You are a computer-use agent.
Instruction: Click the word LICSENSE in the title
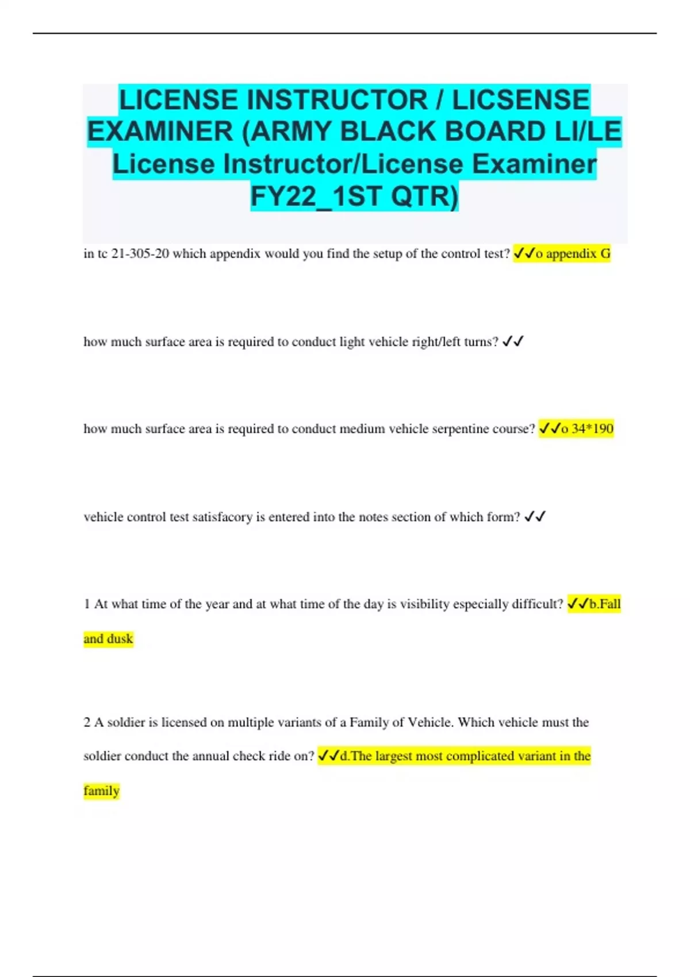tap(521, 100)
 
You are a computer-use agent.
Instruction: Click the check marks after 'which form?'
tap(535, 517)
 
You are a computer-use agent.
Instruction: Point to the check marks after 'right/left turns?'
tap(512, 342)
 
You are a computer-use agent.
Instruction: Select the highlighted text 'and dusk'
tap(108, 638)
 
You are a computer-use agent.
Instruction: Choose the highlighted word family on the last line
tap(101, 791)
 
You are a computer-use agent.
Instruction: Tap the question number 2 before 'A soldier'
tap(87, 722)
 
